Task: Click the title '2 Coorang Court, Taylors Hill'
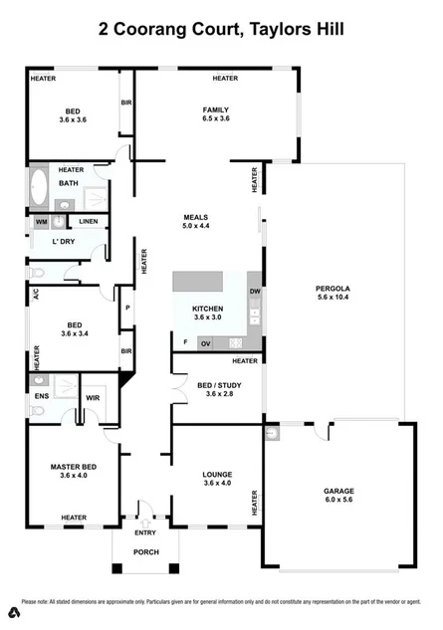coord(221,30)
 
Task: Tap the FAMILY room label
coord(216,109)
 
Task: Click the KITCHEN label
coord(208,309)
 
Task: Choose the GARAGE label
coord(338,491)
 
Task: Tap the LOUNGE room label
coord(216,475)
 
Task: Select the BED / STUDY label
coord(217,385)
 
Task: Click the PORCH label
coord(146,552)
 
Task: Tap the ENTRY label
coord(145,532)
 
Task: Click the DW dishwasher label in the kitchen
coord(255,291)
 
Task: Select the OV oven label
coord(206,343)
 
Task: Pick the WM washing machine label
coord(41,221)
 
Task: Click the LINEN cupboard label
coord(89,221)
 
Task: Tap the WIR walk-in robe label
coord(94,398)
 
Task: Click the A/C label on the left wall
coord(35,295)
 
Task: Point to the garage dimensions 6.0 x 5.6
coord(338,502)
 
